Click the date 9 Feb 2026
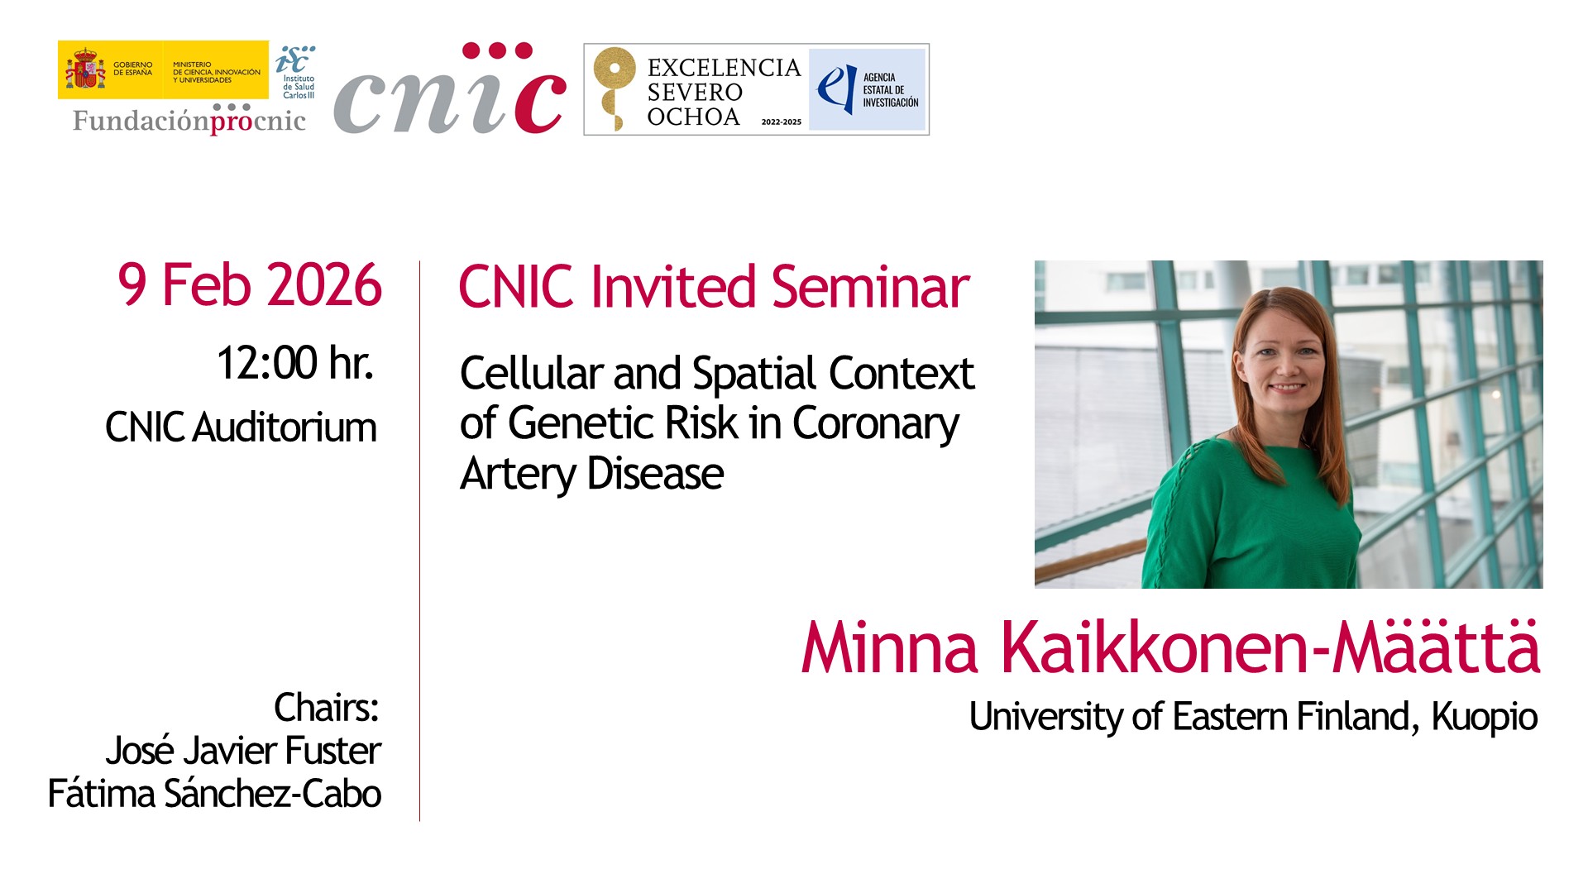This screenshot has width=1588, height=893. click(250, 285)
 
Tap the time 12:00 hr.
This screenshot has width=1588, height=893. click(295, 363)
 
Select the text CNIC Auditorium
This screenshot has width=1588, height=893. click(241, 427)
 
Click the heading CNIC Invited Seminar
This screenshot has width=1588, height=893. click(714, 288)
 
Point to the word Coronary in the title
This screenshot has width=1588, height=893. click(876, 425)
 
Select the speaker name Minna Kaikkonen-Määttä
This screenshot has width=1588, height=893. click(1170, 647)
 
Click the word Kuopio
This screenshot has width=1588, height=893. click(1485, 717)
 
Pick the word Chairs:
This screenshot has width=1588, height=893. click(327, 708)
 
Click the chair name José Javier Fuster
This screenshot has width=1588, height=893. click(243, 751)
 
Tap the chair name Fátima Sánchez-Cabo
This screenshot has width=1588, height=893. click(214, 794)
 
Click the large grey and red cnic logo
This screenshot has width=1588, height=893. click(450, 88)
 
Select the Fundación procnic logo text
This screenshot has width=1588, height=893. click(189, 120)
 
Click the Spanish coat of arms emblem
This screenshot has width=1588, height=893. click(85, 69)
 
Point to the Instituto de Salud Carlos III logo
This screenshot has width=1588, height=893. click(296, 72)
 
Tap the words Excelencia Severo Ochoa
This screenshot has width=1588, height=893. click(724, 92)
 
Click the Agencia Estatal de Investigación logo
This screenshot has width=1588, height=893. click(868, 89)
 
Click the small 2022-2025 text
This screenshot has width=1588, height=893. click(782, 122)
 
